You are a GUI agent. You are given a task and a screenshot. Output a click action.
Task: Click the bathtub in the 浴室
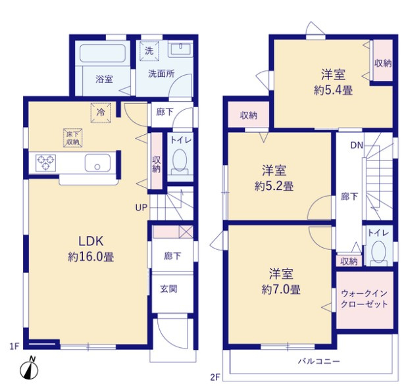pos(103,53)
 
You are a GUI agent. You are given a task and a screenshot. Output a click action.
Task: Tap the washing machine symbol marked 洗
pos(149,51)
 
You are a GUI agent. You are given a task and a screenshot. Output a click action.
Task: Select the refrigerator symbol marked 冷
pos(101,112)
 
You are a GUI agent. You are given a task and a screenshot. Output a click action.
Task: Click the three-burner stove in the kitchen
pos(45,162)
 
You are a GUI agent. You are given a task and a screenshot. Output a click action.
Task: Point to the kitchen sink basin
pos(97,163)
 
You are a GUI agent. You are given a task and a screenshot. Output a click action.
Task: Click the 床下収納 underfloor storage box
pos(73,138)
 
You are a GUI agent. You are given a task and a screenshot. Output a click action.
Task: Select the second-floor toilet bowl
pos(378,251)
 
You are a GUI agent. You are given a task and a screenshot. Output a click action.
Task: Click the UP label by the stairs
pos(141,208)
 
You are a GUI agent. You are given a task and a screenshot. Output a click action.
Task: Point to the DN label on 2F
pos(357,145)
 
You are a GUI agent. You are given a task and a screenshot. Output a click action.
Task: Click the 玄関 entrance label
pos(169,289)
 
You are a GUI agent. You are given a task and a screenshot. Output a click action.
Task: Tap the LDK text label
pos(91,241)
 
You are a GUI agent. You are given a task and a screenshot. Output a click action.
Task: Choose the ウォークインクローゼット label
pos(365,299)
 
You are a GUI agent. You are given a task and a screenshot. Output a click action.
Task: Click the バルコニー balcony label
pos(318,361)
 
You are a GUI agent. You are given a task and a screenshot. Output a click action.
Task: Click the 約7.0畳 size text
pos(281,289)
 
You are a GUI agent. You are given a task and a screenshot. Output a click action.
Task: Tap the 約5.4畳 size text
pos(333,90)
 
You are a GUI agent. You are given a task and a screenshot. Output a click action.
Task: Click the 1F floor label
pos(14,346)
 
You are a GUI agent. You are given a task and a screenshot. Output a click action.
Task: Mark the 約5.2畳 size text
pos(274,186)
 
